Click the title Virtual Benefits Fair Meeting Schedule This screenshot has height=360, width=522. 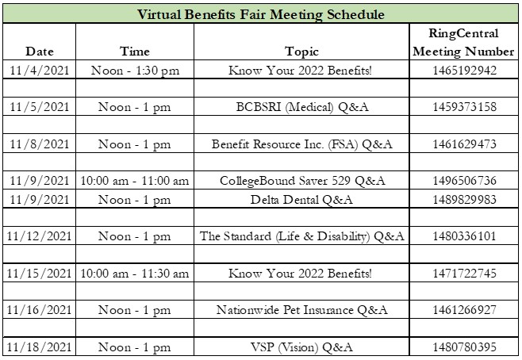261,14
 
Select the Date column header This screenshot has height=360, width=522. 40,52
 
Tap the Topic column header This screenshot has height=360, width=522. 301,52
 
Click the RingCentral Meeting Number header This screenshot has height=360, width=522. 463,42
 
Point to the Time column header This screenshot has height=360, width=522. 135,52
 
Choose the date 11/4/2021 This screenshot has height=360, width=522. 40,71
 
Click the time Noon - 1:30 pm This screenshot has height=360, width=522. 135,71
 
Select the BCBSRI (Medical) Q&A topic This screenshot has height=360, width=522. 302,107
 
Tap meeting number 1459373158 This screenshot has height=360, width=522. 464,107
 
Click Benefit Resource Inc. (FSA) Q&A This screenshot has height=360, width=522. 302,144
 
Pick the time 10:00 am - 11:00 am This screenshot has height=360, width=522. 135,181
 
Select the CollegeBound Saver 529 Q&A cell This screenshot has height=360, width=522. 302,181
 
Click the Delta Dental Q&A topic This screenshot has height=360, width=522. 301,200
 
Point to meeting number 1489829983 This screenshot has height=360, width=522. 464,200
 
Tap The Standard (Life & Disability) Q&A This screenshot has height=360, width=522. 301,236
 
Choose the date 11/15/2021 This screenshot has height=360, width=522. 39,273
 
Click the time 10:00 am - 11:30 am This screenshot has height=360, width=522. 135,274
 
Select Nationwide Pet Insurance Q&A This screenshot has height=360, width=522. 302,310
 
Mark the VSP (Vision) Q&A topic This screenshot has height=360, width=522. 301,347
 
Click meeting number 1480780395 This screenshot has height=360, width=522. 464,347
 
